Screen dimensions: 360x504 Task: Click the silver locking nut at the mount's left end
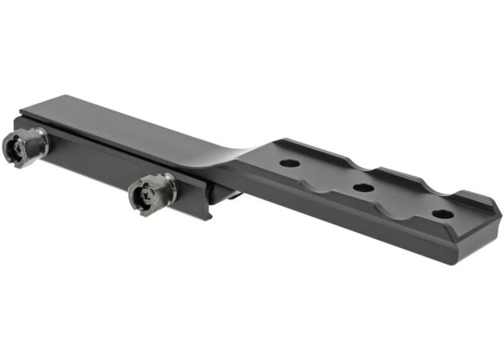point(24,145)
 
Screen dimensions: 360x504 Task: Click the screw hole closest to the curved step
point(290,163)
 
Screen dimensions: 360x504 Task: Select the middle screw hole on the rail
point(363,189)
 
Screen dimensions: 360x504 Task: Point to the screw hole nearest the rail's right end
point(441,214)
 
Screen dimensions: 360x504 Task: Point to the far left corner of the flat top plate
point(24,110)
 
